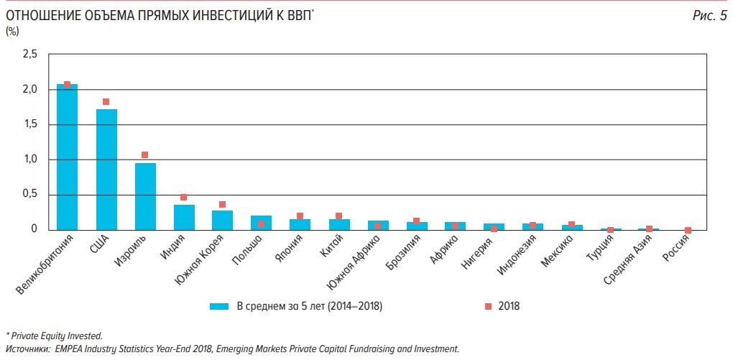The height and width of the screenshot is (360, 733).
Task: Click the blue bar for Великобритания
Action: pyautogui.click(x=67, y=157)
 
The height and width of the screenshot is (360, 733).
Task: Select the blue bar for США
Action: pyautogui.click(x=106, y=170)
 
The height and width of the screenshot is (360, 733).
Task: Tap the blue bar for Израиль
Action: pyautogui.click(x=145, y=196)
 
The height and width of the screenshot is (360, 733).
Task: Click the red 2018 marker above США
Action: pyautogui.click(x=106, y=102)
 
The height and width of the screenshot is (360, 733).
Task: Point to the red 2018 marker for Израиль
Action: pyautogui.click(x=144, y=155)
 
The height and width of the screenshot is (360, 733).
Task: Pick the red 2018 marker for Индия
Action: pyautogui.click(x=183, y=198)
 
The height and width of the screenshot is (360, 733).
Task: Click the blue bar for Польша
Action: pyautogui.click(x=261, y=223)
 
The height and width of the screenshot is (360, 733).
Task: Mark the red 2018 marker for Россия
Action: pyautogui.click(x=688, y=231)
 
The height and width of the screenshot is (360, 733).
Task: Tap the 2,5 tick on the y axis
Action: pyautogui.click(x=29, y=55)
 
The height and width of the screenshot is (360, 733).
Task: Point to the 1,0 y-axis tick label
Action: pyautogui.click(x=29, y=160)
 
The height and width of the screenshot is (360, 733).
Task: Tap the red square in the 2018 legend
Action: pyautogui.click(x=489, y=306)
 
